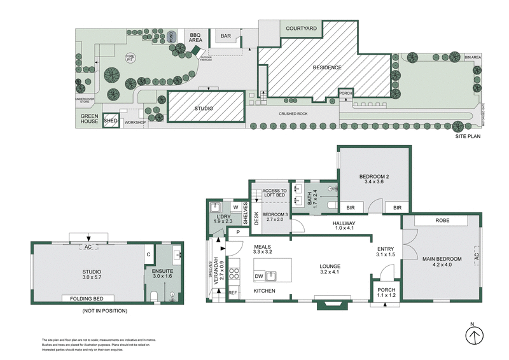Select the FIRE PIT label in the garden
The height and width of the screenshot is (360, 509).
tap(130, 58)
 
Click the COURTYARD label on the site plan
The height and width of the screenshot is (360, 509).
tap(302, 29)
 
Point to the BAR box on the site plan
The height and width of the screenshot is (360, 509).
tap(226, 36)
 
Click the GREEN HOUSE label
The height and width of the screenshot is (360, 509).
tap(88, 119)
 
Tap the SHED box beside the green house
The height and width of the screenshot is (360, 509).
tap(111, 120)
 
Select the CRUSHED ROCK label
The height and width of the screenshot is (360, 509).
tap(293, 114)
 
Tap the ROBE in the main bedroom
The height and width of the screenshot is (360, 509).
tap(442, 221)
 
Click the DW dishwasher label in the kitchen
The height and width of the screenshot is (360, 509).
tap(259, 277)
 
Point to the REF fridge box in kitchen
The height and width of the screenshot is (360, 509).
tap(232, 293)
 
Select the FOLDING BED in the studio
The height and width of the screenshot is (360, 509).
tap(87, 298)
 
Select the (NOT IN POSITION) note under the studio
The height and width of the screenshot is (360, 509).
tap(105, 311)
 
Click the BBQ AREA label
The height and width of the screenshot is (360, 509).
tap(196, 37)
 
